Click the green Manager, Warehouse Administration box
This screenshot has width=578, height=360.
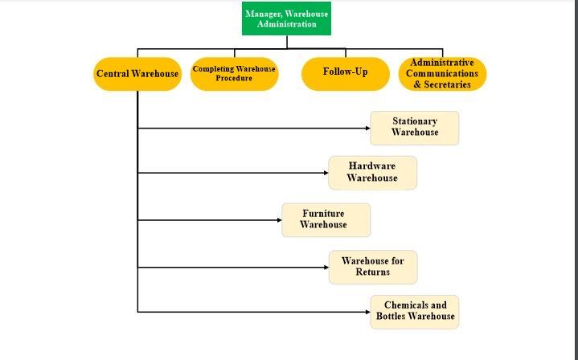287,18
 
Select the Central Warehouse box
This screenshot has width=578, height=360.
137,74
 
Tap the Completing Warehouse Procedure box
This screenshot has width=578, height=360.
234,74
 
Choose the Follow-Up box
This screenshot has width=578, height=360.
345,72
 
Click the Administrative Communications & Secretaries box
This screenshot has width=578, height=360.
442,74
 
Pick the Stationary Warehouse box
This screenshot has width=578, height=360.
414,128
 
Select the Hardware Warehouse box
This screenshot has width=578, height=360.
372,173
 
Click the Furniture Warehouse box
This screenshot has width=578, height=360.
326,219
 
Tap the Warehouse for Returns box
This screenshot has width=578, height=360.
372,267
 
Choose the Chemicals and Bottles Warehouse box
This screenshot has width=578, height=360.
414,312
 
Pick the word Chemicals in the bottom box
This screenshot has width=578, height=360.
405,305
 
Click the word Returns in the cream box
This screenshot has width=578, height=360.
372,272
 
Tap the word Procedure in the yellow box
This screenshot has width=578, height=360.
234,79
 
